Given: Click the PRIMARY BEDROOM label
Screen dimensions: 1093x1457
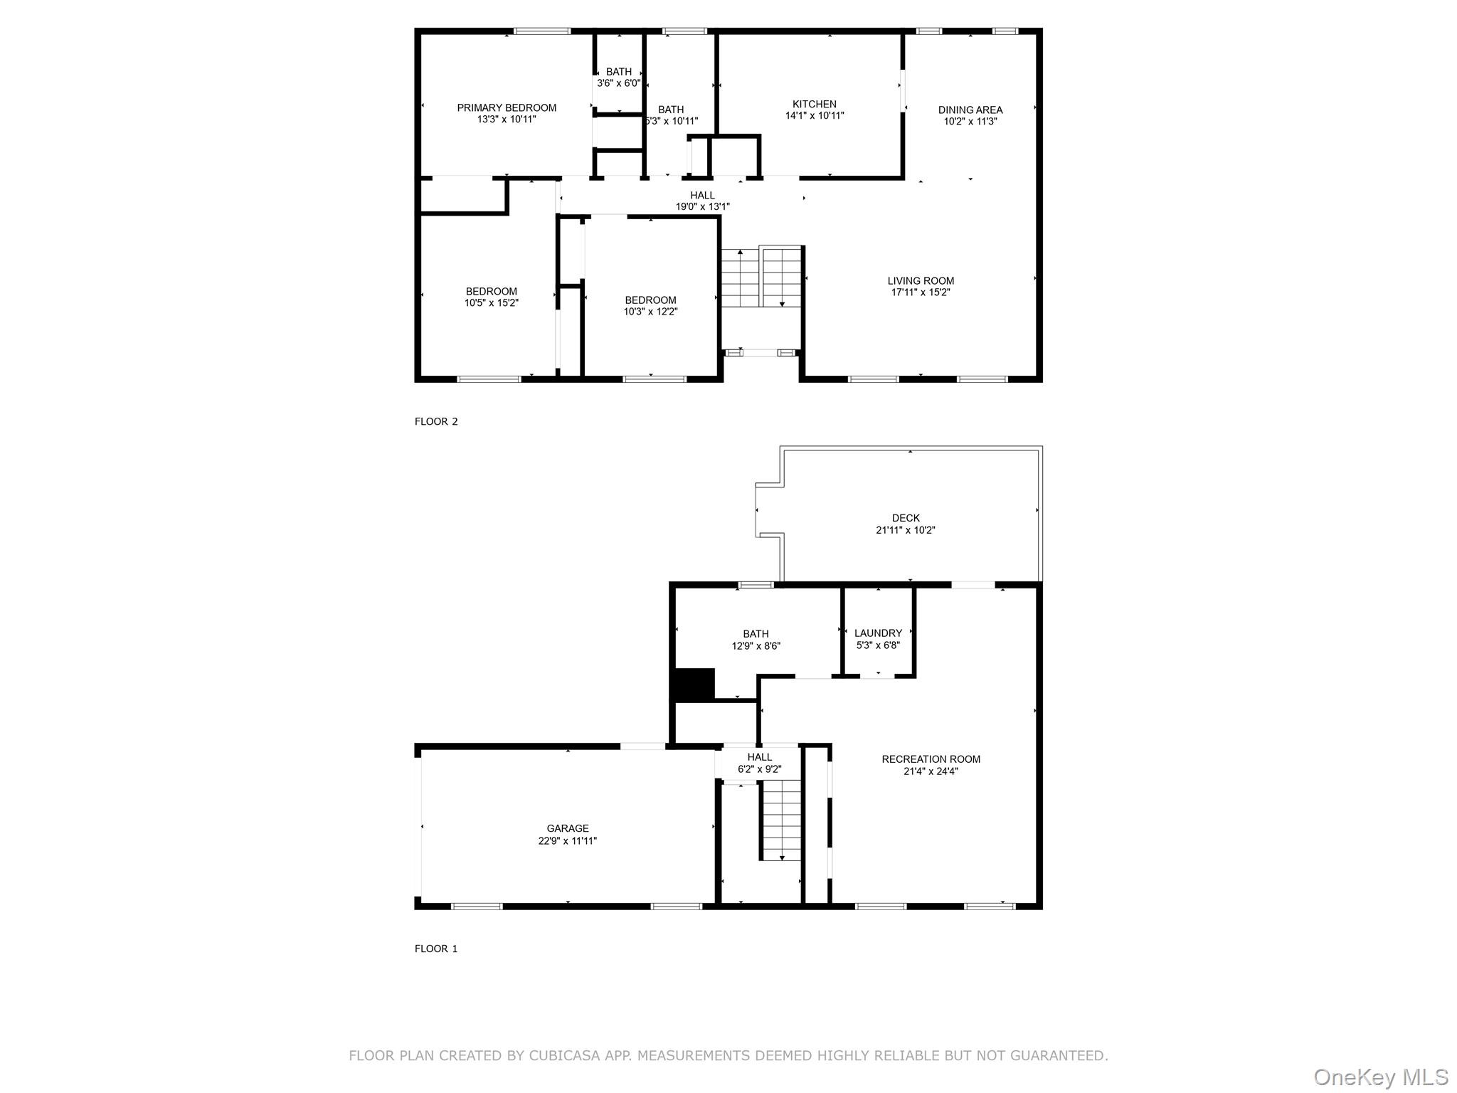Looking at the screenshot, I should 507,108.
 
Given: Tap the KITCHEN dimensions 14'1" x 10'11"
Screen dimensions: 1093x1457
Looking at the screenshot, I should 815,116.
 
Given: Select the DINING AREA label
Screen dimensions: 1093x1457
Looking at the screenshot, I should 970,110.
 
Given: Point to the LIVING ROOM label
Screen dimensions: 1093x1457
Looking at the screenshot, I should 921,281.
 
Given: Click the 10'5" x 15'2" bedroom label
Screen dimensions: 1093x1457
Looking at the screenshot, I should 491,297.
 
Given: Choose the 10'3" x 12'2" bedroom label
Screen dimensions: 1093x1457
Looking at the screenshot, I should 650,306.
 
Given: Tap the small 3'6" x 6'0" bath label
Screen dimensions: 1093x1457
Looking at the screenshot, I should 618,78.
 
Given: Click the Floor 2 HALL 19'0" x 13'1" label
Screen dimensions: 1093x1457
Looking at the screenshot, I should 702,201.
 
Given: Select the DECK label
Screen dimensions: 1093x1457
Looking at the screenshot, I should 906,518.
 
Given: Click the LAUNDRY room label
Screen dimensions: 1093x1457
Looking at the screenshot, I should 878,633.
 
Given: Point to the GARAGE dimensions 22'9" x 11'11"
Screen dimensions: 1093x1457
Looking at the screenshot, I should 567,841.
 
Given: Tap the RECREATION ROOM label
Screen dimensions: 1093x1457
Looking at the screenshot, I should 931,759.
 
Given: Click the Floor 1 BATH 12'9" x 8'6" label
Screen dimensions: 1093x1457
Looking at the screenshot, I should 756,640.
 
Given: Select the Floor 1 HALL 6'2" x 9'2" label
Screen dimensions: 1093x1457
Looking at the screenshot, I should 760,763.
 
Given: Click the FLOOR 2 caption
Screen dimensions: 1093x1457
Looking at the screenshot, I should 436,421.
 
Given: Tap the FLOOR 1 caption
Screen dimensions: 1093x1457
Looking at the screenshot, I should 436,949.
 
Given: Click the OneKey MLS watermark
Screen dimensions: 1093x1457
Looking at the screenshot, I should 1381,1077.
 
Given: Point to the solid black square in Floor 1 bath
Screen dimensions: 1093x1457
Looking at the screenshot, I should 694,685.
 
